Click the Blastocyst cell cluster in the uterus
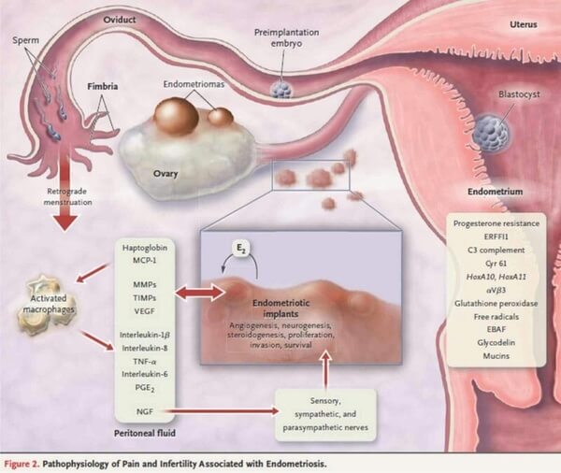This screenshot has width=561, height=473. (489, 133)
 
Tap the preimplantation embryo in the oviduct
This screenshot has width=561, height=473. (281, 87)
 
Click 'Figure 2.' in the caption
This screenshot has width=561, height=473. (28, 461)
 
